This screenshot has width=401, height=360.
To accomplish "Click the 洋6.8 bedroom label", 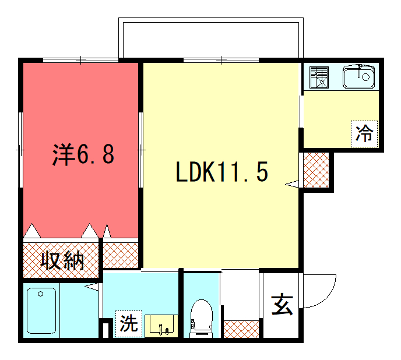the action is pyautogui.click(x=83, y=155).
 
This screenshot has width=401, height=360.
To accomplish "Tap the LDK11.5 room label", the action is pyautogui.click(x=222, y=172).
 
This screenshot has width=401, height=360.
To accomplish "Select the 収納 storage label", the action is pyautogui.click(x=62, y=260).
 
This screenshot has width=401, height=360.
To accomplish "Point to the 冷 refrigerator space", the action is pyautogui.click(x=364, y=134).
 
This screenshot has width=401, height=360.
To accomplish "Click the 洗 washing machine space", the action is pyautogui.click(x=129, y=324).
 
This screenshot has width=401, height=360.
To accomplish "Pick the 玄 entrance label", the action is pyautogui.click(x=282, y=304).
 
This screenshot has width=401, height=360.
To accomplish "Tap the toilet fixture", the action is pyautogui.click(x=202, y=319).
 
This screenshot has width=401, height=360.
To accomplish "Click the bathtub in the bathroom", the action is pyautogui.click(x=41, y=310).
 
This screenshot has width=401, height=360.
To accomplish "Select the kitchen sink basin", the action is pyautogui.click(x=358, y=76).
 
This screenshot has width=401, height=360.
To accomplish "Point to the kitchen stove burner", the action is pyautogui.click(x=319, y=77).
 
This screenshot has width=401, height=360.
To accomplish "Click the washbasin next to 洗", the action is pyautogui.click(x=161, y=326).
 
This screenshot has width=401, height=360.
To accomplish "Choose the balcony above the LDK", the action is pyautogui.click(x=211, y=38).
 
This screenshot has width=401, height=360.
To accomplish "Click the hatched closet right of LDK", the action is pyautogui.click(x=316, y=170).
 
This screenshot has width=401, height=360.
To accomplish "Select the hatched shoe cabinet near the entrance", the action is pyautogui.click(x=241, y=329).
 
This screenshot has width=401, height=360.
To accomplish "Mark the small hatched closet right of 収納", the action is pyautogui.click(x=121, y=255).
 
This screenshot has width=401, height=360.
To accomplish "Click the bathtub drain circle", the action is pyautogui.click(x=40, y=294).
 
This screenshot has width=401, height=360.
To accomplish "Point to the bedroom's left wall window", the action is pyautogui.click(x=21, y=150).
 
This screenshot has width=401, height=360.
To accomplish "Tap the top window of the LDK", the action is pyautogui.click(x=221, y=61).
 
